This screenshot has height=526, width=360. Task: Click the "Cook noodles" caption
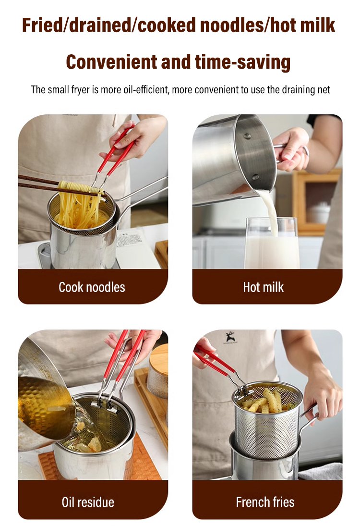(92, 287)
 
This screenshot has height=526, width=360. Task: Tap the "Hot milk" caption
(264, 287)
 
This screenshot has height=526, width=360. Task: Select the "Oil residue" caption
(88, 502)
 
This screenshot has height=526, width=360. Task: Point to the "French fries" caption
(265, 502)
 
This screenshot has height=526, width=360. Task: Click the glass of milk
(272, 243)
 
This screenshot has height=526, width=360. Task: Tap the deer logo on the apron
(230, 338)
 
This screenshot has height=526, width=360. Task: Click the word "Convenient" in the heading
(111, 62)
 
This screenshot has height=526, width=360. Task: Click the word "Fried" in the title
(42, 25)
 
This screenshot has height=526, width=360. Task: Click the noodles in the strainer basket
(81, 206)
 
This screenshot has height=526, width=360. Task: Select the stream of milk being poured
(270, 211)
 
